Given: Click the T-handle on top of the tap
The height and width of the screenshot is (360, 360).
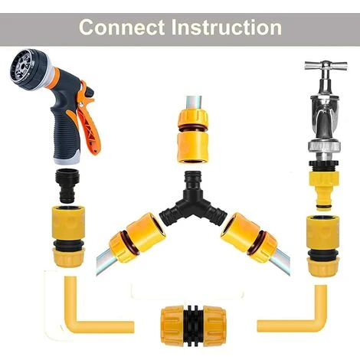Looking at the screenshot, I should tap(315, 67).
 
